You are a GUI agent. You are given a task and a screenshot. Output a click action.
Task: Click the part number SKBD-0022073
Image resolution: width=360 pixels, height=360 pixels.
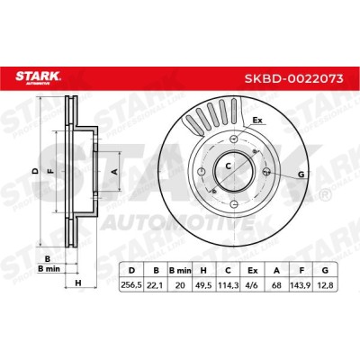coord(293,78)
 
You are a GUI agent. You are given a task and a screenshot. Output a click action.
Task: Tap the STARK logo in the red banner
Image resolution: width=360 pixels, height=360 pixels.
coord(38,77)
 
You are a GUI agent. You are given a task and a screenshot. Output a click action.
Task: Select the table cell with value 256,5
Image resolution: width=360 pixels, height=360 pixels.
coord(131,285)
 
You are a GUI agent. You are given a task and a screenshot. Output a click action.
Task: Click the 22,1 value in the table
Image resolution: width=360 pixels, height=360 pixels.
coord(156,285)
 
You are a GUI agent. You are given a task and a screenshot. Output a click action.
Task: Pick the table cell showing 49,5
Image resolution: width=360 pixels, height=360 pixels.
coord(203,285)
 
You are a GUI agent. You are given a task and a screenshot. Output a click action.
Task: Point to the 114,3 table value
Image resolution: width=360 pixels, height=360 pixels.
coord(228,285)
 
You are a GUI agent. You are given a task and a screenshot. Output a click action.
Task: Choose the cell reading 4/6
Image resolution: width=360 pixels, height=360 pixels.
coord(252,285)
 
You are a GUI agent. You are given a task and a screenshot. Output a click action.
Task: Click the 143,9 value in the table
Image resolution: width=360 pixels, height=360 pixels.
coord(301,285)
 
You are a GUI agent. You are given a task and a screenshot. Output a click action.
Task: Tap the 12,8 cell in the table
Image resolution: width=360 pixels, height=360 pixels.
coord(325,285)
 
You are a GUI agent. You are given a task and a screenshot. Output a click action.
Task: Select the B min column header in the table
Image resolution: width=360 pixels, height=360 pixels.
coord(180,271)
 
